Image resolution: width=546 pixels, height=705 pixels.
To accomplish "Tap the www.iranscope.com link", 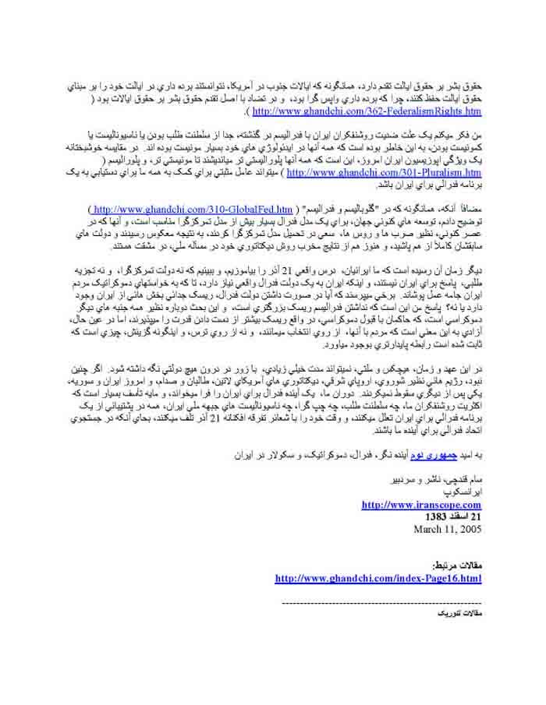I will pyautogui.click(x=421, y=505).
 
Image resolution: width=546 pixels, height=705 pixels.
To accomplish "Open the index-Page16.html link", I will pyautogui.click(x=378, y=578).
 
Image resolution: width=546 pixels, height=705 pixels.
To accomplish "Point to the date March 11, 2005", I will pyautogui.click(x=445, y=528).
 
